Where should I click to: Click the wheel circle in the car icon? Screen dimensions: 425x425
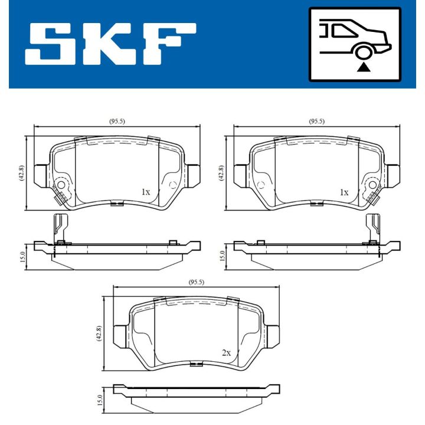pos(363,53)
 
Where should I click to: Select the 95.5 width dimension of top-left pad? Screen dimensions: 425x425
pos(117,121)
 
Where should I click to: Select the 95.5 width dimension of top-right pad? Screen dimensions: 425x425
pos(317,121)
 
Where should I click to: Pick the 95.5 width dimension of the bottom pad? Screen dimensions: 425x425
pos(196,282)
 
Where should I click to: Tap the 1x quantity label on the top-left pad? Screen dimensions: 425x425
pos(146,192)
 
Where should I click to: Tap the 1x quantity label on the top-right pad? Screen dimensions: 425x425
pos(344,192)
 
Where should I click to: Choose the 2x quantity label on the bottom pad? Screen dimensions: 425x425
pos(226,352)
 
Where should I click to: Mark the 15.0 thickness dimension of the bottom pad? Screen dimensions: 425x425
pos(100,400)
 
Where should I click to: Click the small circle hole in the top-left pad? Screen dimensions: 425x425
pos(172,186)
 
